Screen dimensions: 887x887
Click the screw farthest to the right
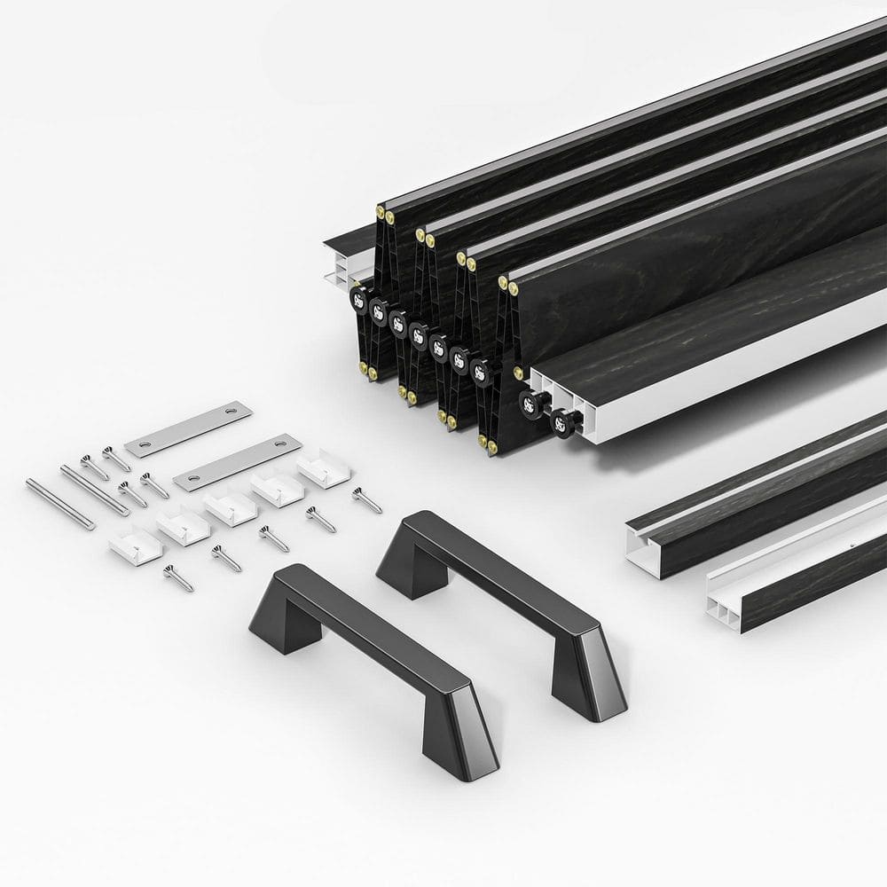point(366,498)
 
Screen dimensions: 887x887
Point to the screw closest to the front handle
point(178,577)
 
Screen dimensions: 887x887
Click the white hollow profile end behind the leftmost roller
point(329,266)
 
